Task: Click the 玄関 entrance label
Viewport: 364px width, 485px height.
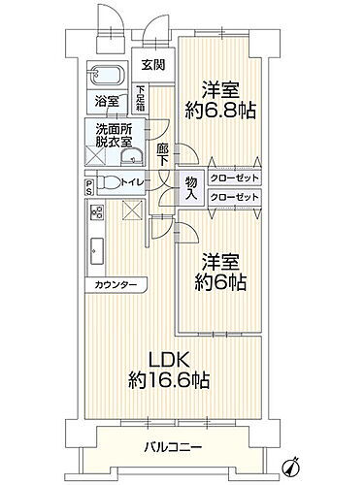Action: (151, 66)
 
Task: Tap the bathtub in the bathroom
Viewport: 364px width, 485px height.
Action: (108, 76)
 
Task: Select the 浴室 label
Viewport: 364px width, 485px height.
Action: (107, 100)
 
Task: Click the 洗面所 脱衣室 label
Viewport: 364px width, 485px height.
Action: (114, 136)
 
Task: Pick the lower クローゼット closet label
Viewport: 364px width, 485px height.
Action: (233, 198)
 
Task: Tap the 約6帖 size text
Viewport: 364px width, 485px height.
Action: (220, 284)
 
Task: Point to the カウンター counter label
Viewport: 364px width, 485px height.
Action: (116, 284)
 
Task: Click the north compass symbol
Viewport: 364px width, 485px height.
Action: (292, 463)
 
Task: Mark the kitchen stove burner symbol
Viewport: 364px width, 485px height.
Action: (96, 214)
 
